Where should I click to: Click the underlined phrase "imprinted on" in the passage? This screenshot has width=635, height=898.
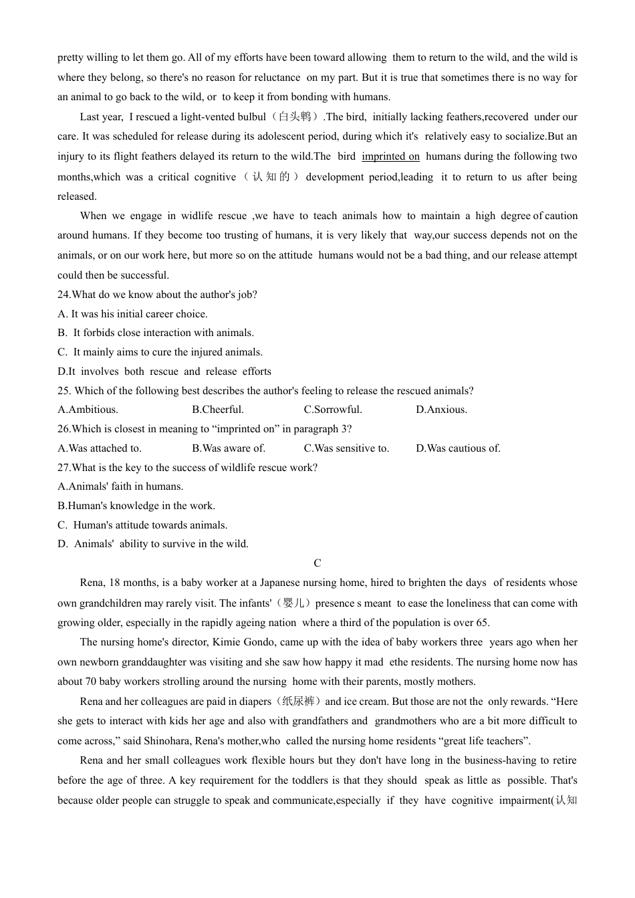coord(390,156)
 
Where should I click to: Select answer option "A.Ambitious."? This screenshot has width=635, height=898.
coord(88,410)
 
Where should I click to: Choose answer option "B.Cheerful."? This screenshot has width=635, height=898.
coord(218,410)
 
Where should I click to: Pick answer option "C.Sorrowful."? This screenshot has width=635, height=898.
coord(333,410)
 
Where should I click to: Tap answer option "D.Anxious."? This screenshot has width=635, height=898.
coord(441,410)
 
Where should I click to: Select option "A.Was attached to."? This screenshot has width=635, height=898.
coord(100,448)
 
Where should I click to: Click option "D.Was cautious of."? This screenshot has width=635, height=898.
coord(458,448)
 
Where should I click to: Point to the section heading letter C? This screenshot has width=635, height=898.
coord(317,563)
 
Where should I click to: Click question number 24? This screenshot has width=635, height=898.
coord(63,295)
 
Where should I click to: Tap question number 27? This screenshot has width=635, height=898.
coord(63,468)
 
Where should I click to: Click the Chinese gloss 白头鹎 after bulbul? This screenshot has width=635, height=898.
coord(295,117)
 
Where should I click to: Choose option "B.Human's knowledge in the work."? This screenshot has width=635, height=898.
coord(136,506)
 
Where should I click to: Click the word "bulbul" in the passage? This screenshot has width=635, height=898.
coord(252,117)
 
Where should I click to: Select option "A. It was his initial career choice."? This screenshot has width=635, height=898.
coord(132,314)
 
